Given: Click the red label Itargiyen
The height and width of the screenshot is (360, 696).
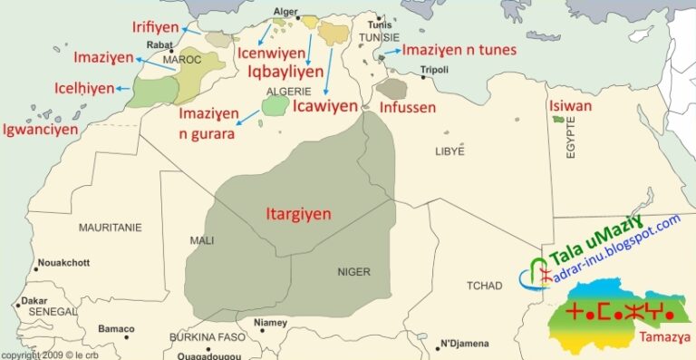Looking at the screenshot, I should (x=298, y=215).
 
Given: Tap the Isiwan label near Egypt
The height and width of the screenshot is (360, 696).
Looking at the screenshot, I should (x=570, y=106).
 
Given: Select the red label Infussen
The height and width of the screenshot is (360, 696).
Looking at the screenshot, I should (x=408, y=108).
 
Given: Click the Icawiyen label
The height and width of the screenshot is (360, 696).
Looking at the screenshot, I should (x=325, y=106).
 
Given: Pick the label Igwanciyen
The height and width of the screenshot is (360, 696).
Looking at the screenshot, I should (x=40, y=129).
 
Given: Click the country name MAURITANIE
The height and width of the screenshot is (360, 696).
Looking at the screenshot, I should (x=110, y=228).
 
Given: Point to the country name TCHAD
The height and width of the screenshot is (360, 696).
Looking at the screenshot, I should (x=484, y=286).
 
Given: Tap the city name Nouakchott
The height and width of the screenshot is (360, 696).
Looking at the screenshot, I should (x=63, y=263).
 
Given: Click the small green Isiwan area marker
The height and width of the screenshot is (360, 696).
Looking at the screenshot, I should (x=558, y=120).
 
